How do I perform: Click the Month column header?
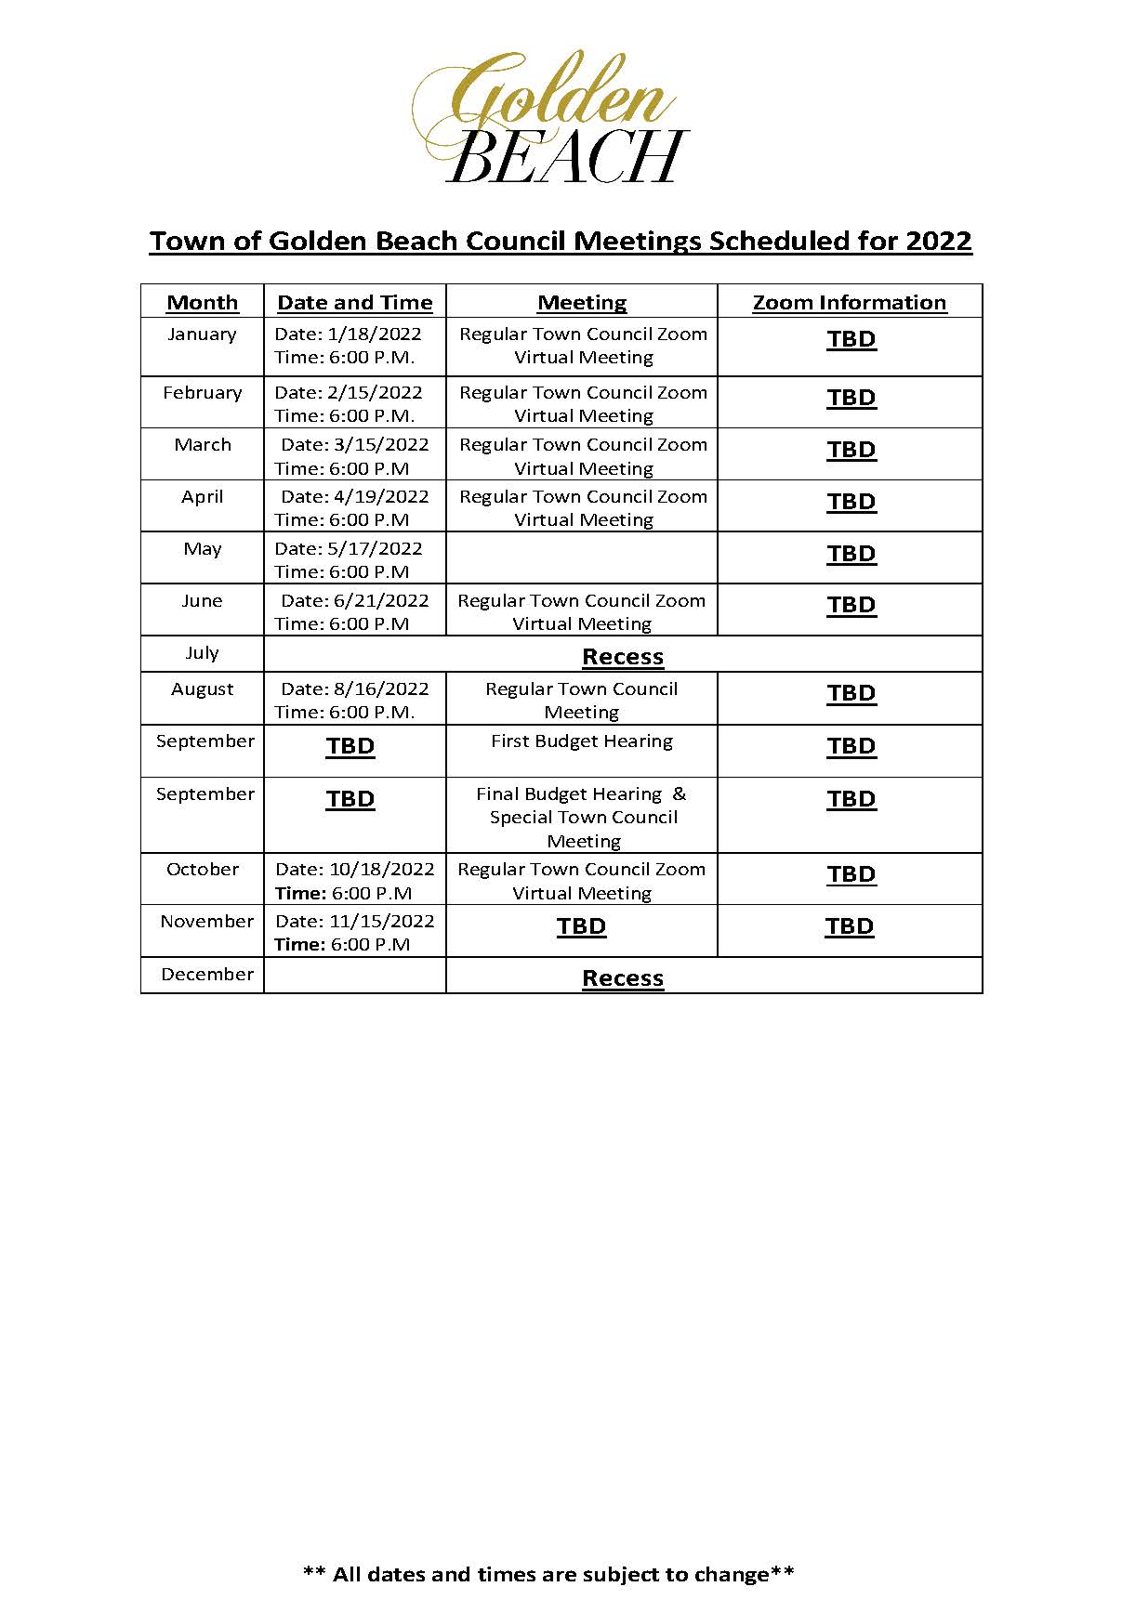pyautogui.click(x=202, y=303)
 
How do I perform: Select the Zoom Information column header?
pyautogui.click(x=849, y=303)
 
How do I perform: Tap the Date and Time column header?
pyautogui.click(x=354, y=303)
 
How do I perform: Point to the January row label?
pyautogui.click(x=202, y=334)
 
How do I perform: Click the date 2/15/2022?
pyautogui.click(x=375, y=393)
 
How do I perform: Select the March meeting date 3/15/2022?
pyautogui.click(x=381, y=445)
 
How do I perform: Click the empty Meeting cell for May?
pyautogui.click(x=581, y=558)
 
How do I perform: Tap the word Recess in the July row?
pyautogui.click(x=622, y=657)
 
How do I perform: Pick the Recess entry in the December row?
pyautogui.click(x=622, y=978)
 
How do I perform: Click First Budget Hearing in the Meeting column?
pyautogui.click(x=581, y=741)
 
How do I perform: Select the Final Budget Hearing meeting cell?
pyautogui.click(x=582, y=817)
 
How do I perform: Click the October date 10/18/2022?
pyautogui.click(x=381, y=870)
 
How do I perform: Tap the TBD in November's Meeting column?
pyautogui.click(x=581, y=926)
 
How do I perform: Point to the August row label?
pyautogui.click(x=202, y=689)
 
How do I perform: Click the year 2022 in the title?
pyautogui.click(x=938, y=242)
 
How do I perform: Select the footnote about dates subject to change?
pyautogui.click(x=548, y=1574)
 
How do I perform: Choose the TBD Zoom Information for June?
pyautogui.click(x=851, y=605)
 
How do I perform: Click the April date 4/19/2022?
pyautogui.click(x=381, y=497)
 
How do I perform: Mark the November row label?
pyautogui.click(x=206, y=922)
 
